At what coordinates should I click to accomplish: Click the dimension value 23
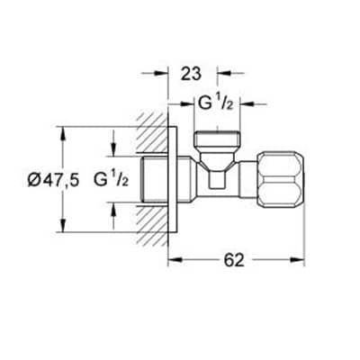pyautogui.click(x=191, y=74)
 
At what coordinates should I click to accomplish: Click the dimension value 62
pyautogui.click(x=234, y=260)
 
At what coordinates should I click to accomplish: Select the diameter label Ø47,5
pyautogui.click(x=53, y=180)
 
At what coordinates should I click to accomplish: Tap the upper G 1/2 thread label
pyautogui.click(x=215, y=103)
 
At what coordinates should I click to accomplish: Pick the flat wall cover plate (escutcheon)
pyautogui.click(x=173, y=179)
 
